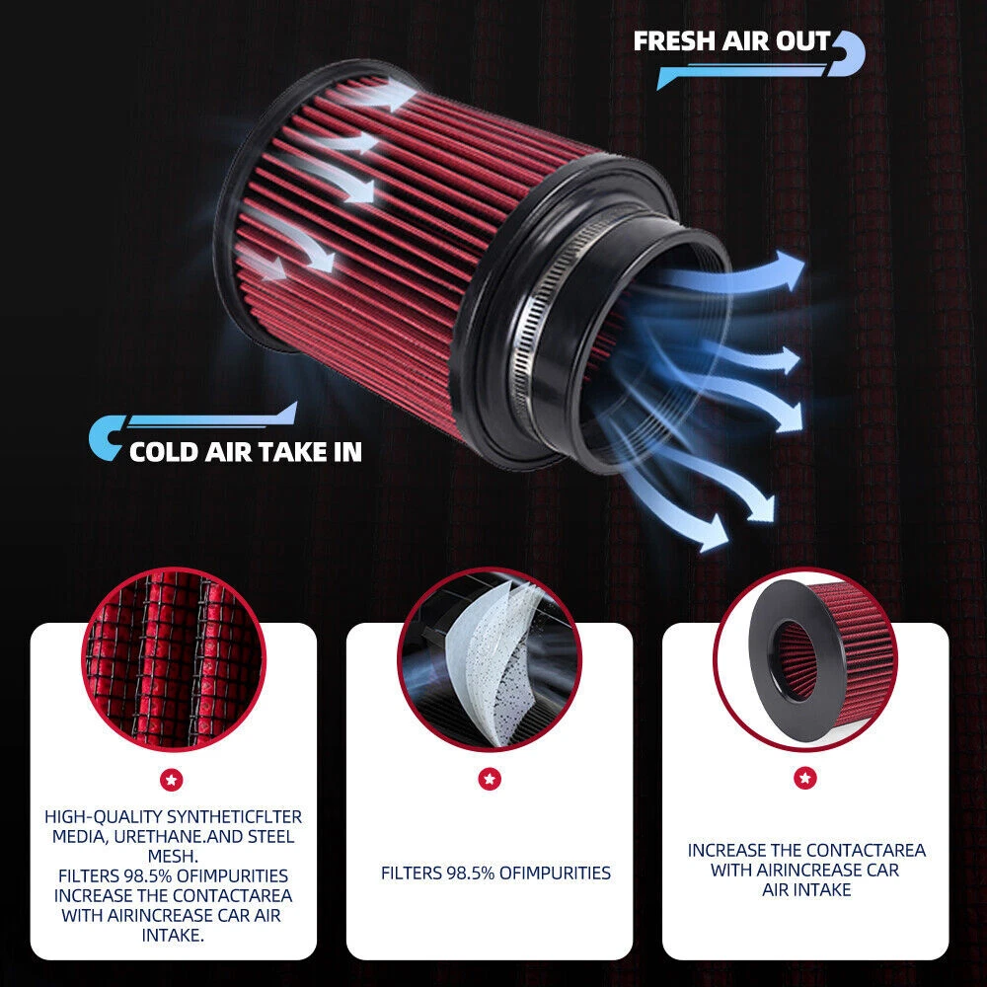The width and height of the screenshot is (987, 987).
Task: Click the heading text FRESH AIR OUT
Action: pyautogui.click(x=732, y=41)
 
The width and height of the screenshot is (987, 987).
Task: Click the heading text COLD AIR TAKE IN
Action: pyautogui.click(x=246, y=452)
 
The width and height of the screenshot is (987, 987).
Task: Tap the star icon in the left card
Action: pyautogui.click(x=172, y=781)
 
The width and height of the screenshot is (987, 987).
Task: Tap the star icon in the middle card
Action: pyautogui.click(x=490, y=779)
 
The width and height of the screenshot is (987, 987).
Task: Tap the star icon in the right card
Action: pyautogui.click(x=805, y=778)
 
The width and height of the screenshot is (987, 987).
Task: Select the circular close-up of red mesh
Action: pyautogui.click(x=174, y=659)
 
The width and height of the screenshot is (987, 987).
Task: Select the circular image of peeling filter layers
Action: pyautogui.click(x=490, y=659)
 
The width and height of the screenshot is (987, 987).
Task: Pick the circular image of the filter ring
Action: pyautogui.click(x=805, y=659)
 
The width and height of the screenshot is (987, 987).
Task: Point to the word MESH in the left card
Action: pyautogui.click(x=172, y=856)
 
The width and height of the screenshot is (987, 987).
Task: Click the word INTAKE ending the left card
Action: pyautogui.click(x=172, y=936)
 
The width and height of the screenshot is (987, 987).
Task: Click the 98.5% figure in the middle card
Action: pyautogui.click(x=470, y=873)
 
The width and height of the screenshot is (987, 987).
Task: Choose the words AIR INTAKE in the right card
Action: pyautogui.click(x=806, y=889)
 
